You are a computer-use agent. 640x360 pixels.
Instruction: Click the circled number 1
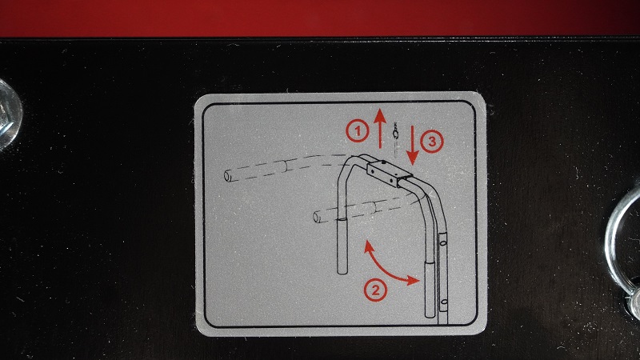358,131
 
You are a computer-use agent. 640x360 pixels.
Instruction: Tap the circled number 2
375,290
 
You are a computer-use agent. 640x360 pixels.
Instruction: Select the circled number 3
431,142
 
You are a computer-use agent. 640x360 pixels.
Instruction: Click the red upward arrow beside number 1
380,129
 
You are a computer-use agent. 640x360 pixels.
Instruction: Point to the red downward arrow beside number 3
412,146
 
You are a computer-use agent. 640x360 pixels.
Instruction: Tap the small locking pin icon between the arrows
395,138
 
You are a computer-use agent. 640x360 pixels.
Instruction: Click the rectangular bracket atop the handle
389,173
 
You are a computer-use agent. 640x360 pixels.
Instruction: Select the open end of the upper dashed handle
228,176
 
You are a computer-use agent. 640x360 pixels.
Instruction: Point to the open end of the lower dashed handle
316,217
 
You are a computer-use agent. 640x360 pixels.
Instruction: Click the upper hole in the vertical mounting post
443,243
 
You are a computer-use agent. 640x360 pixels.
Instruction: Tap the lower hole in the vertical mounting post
444,302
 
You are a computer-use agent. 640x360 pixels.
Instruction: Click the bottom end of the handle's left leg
342,271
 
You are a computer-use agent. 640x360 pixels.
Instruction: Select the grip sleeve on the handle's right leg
430,289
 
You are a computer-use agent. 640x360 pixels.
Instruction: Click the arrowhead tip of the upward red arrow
380,109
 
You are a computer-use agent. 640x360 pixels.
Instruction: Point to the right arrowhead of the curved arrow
417,280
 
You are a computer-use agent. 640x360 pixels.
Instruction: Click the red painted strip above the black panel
320,18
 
